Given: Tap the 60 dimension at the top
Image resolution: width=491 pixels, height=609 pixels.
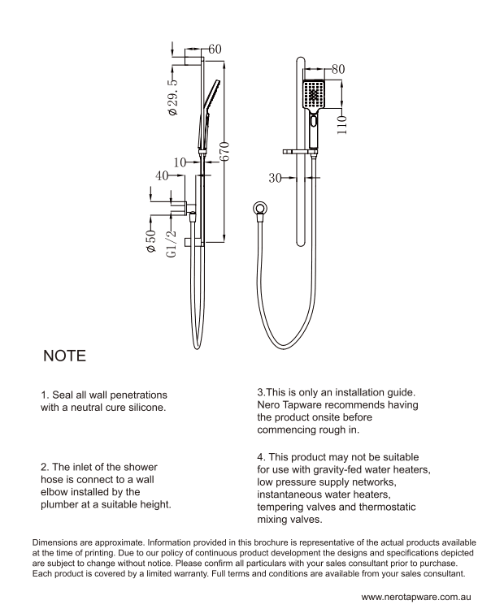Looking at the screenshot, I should (x=215, y=50).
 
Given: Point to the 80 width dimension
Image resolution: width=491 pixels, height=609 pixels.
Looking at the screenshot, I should (x=338, y=70).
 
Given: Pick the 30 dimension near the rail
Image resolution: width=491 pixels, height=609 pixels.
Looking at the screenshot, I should (x=275, y=177).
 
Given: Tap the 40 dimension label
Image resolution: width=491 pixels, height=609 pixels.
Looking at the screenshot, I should (x=163, y=175).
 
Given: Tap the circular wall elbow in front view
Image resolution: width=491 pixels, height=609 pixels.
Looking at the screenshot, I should (x=260, y=208).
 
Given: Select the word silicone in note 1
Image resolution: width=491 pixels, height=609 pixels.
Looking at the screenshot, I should (x=142, y=408).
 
